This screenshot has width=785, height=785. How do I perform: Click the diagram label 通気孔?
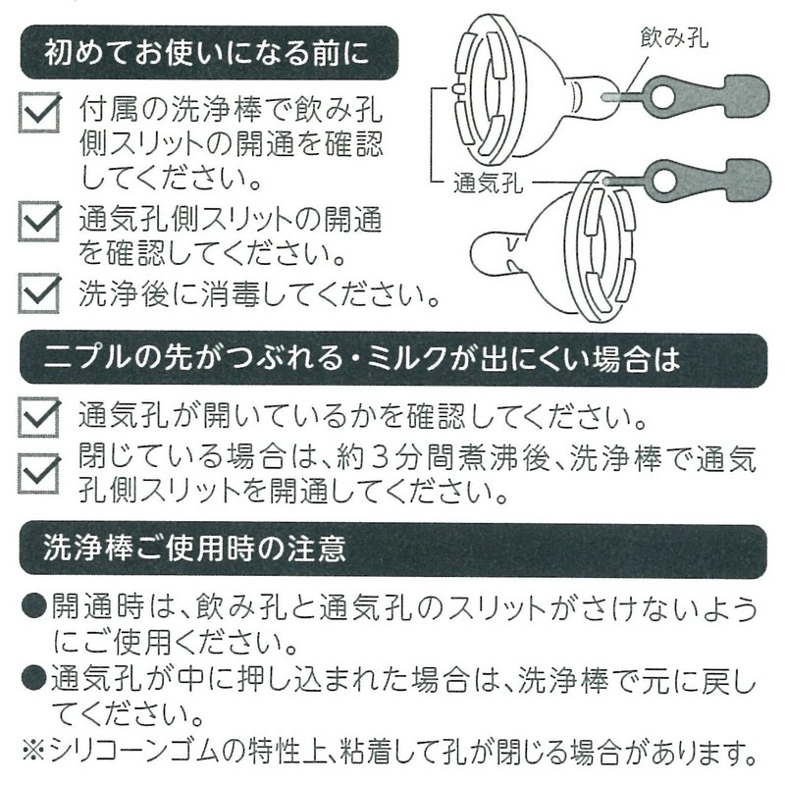(x=488, y=183)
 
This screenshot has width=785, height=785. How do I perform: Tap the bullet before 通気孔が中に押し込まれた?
(x=32, y=678)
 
